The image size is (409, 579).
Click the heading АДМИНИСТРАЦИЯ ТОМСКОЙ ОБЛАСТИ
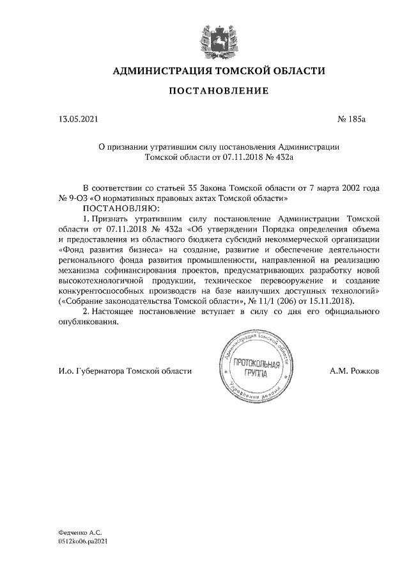[218, 70]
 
